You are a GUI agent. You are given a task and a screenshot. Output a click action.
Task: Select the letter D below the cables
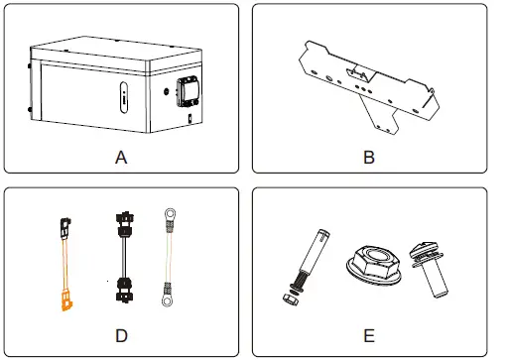pos(121,335)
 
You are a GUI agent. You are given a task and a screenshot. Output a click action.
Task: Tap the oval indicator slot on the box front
pos(123,100)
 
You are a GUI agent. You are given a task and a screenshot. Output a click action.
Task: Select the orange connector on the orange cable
pos(66,300)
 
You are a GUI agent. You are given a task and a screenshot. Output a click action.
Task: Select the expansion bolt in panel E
pos(303,264)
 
